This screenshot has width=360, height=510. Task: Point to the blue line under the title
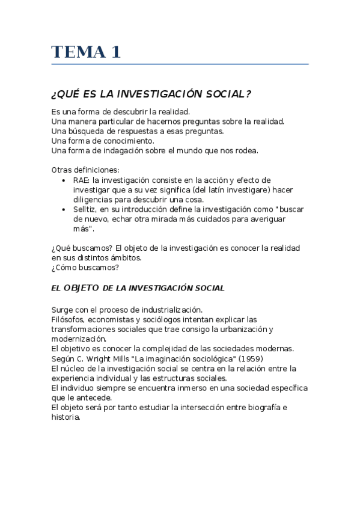pyautogui.click(x=180, y=64)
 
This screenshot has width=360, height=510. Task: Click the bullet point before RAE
pyautogui.click(x=65, y=180)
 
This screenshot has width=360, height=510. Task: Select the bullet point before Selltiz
pyautogui.click(x=65, y=209)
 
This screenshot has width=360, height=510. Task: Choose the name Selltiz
pyautogui.click(x=87, y=209)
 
